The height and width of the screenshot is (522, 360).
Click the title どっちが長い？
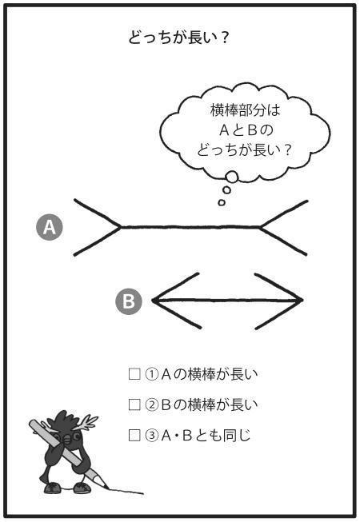point(178,38)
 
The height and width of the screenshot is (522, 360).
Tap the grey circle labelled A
point(50,227)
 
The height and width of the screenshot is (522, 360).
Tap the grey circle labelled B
point(129,301)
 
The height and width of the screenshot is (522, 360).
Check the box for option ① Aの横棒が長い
point(134,374)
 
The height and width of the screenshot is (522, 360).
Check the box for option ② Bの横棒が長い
point(134,404)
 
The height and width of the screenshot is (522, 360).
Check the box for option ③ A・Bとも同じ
point(134,435)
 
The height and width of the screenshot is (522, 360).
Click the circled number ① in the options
point(151,374)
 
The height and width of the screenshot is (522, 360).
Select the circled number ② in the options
point(151,404)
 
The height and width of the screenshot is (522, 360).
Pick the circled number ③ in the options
point(151,436)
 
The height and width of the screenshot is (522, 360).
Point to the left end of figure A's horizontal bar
point(121,227)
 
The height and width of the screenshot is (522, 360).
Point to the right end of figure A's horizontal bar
point(260,227)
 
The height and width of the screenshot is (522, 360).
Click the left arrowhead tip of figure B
point(153,301)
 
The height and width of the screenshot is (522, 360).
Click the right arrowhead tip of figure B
point(302,301)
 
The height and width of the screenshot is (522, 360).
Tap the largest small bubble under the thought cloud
point(231,177)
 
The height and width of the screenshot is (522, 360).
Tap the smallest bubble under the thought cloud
point(222,202)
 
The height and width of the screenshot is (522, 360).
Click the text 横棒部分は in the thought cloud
point(246,110)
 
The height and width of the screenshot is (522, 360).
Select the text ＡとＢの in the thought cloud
point(246,130)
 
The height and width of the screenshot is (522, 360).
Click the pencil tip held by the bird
point(106,488)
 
